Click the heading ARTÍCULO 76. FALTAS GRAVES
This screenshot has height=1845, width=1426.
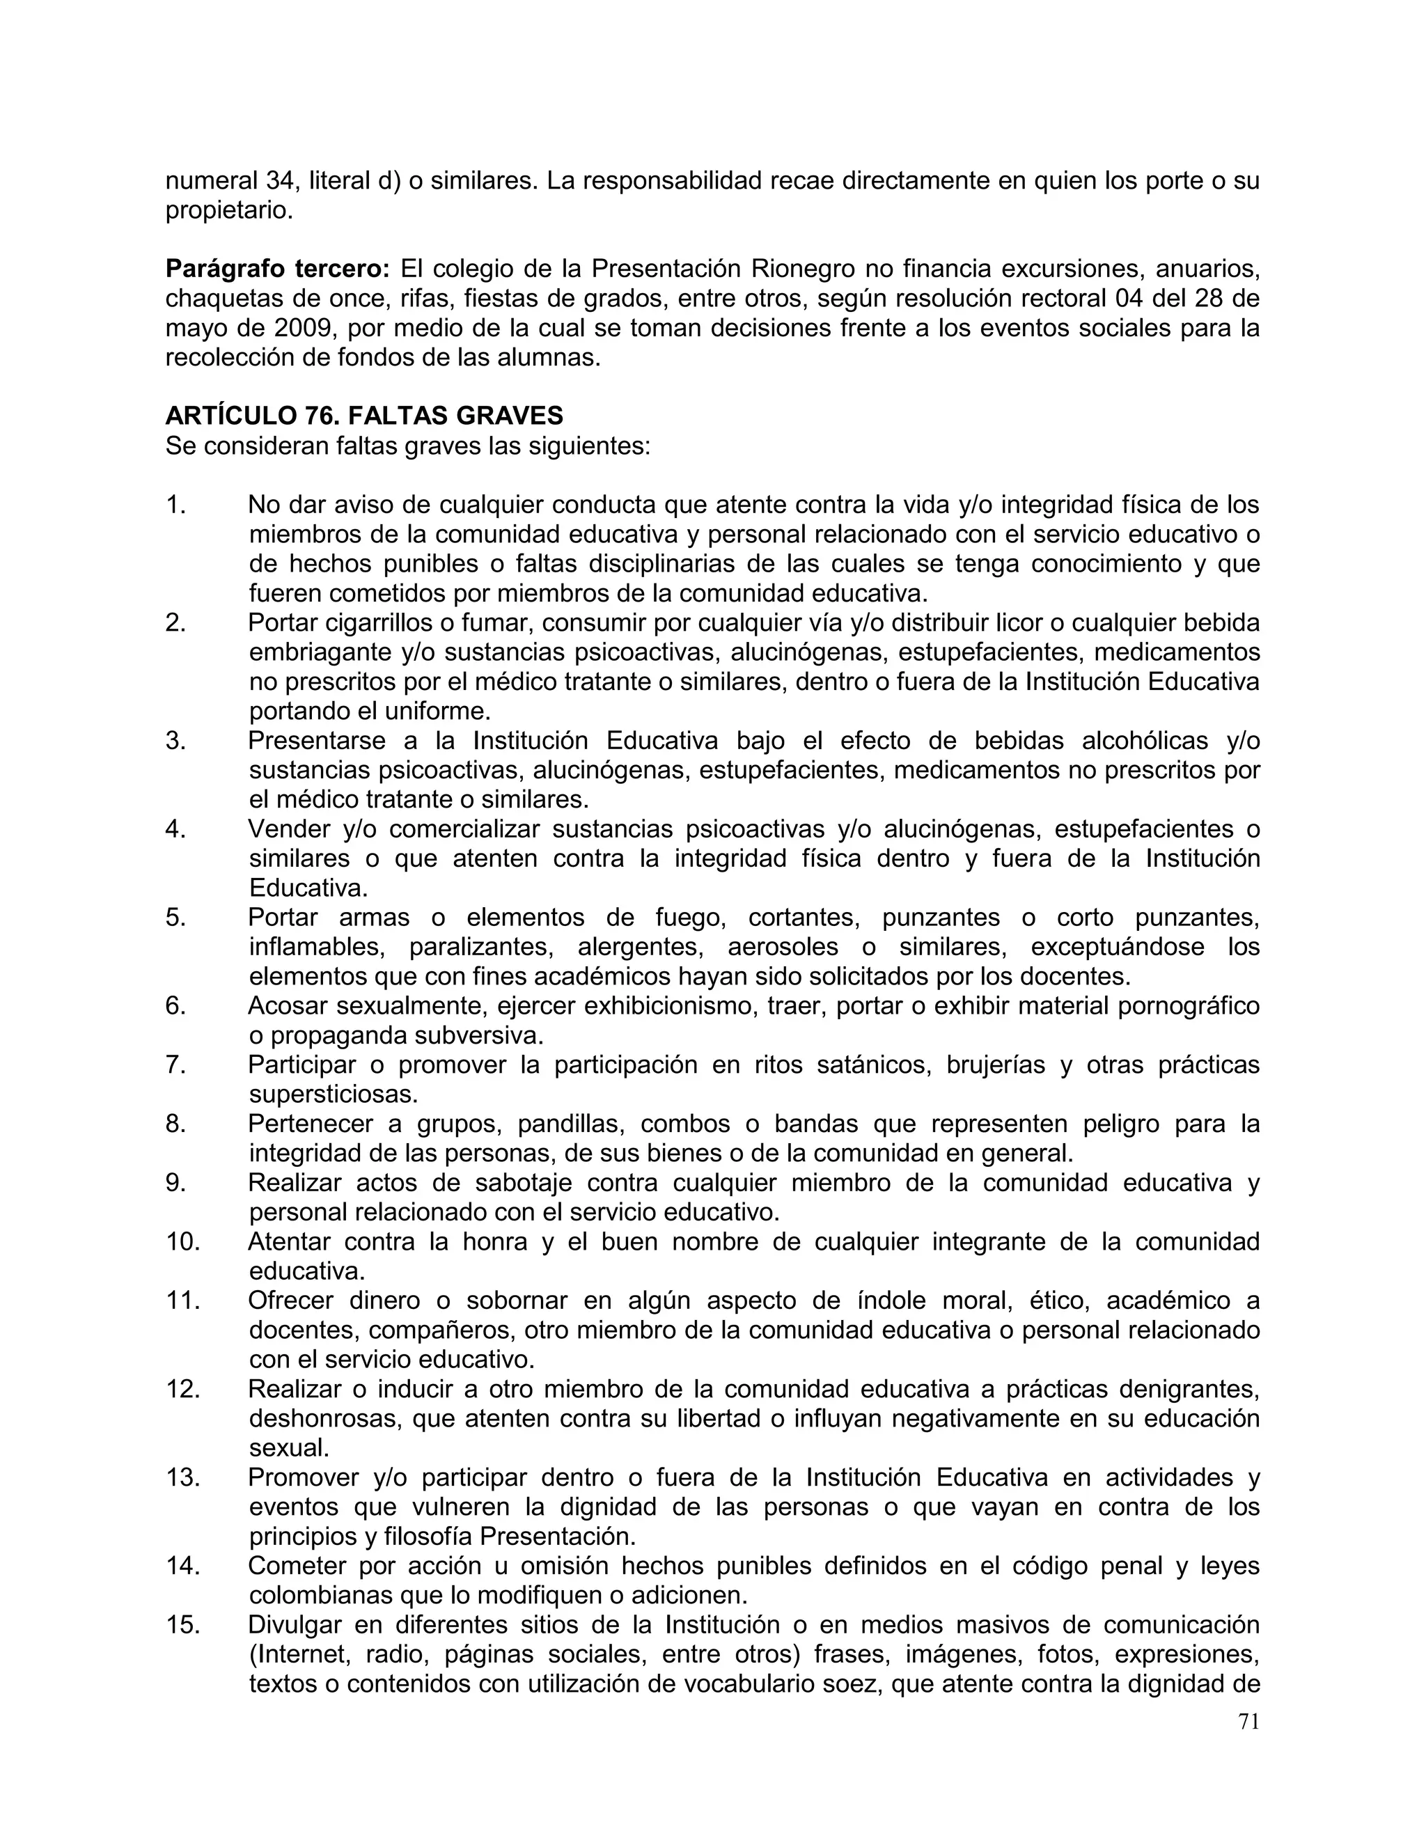[x=364, y=416]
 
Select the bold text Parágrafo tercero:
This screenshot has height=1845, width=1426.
[x=277, y=269]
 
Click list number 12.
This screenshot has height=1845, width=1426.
[x=182, y=1389]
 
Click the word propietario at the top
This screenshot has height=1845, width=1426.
[x=228, y=210]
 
